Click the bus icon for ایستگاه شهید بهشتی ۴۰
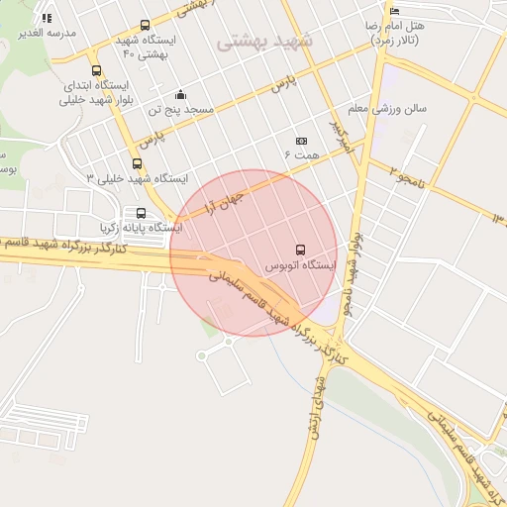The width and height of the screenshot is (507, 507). tap(146, 25)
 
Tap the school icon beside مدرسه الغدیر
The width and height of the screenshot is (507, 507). tap(47, 18)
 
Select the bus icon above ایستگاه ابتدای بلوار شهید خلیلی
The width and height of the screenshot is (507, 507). tap(96, 70)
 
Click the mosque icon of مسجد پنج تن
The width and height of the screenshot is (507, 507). tap(180, 95)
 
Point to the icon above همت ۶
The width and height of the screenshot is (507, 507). tap(302, 141)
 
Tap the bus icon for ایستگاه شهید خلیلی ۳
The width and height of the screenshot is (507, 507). tap(137, 163)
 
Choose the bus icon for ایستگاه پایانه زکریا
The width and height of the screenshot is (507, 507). tap(141, 213)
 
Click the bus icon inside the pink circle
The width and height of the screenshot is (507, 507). tap(300, 250)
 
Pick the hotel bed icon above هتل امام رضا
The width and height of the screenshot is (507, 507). tap(395, 10)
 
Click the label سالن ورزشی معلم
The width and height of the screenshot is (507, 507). tap(387, 108)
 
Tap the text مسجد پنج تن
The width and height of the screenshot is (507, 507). tap(181, 110)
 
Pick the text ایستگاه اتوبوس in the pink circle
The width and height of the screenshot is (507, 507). tap(302, 266)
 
